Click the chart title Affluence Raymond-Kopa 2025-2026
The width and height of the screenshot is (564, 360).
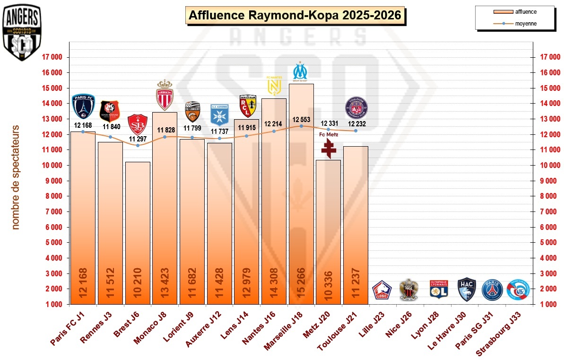[295, 16]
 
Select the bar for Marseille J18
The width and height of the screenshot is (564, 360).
[301, 194]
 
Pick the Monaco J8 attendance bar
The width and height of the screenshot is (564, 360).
[165, 208]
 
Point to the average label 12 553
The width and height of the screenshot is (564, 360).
[301, 120]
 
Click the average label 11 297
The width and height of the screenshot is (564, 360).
[138, 139]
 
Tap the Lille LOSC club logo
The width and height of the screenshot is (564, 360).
[382, 290]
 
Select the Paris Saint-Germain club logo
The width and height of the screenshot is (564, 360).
[491, 290]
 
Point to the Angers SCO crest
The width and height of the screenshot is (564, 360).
[22, 33]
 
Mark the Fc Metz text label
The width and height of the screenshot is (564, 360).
[329, 135]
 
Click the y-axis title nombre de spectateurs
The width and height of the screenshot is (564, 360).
[16, 177]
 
